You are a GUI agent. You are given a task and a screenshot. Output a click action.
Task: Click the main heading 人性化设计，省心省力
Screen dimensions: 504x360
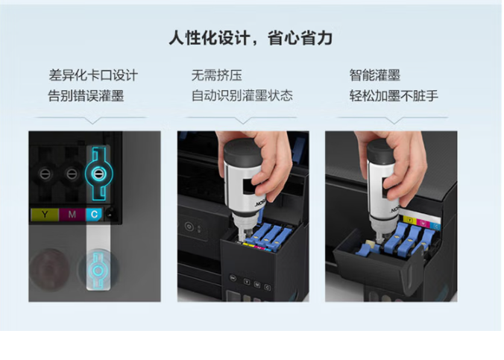(x=251, y=38)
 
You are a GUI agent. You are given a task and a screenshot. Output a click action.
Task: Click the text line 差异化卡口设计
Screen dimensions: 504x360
(x=93, y=75)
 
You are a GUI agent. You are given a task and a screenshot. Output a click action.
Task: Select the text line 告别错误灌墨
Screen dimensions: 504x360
(x=86, y=96)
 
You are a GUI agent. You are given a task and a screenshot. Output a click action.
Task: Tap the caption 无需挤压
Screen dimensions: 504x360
(x=217, y=75)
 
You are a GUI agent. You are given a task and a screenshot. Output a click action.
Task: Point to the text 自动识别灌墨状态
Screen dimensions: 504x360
(x=242, y=96)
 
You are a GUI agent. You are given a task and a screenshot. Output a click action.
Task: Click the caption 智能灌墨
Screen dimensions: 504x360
(x=375, y=75)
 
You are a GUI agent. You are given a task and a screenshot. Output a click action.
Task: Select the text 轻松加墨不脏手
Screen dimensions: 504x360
(x=394, y=96)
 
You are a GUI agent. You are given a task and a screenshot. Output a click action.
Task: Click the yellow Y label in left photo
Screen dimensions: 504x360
(x=45, y=215)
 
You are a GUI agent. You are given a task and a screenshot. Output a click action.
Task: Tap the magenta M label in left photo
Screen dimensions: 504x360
(x=72, y=215)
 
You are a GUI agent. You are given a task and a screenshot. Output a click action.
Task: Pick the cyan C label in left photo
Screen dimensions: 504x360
(x=94, y=215)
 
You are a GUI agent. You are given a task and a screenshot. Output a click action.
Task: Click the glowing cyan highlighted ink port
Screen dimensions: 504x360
(x=98, y=174)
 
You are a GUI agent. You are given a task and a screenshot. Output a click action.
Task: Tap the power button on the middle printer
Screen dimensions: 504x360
(x=189, y=227)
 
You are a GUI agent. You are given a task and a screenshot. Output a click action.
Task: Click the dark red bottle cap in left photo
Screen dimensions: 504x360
(x=50, y=268)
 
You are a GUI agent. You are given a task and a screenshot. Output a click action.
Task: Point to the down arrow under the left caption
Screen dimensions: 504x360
(x=92, y=121)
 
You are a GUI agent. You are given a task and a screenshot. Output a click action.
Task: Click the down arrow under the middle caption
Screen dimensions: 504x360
(x=243, y=121)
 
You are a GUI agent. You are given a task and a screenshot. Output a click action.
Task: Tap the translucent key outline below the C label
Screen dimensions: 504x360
(x=98, y=271)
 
